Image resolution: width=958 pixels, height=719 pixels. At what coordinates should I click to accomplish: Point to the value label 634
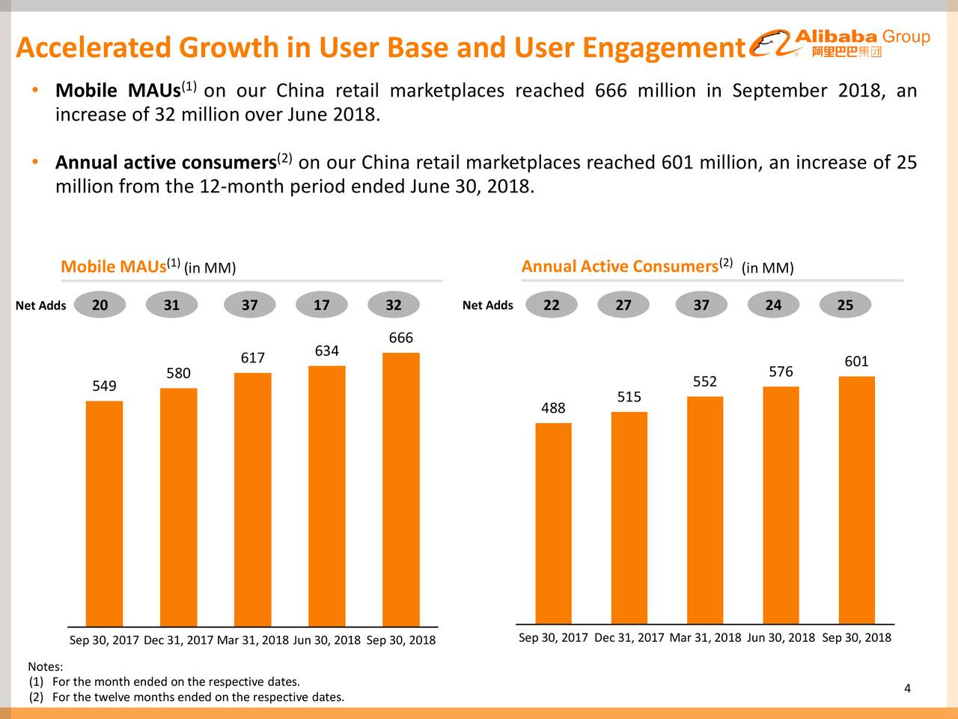(x=326, y=351)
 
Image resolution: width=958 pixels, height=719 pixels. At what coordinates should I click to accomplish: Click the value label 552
(x=704, y=382)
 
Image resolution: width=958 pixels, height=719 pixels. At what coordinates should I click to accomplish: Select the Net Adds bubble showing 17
(x=322, y=305)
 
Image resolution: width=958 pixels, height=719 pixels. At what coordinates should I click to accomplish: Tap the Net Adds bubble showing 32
(x=393, y=305)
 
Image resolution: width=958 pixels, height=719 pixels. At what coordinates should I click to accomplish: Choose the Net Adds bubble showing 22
(x=551, y=305)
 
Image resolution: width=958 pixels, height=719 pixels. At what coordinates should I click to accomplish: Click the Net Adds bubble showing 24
(x=773, y=305)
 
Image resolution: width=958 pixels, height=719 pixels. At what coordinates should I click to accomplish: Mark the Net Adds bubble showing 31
(x=171, y=305)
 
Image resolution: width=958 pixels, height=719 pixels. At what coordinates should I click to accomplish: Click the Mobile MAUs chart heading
(x=148, y=267)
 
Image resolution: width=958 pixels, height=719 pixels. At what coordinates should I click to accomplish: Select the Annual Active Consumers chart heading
(x=657, y=267)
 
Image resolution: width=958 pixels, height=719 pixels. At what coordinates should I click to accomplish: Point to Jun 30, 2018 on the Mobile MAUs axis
(x=326, y=640)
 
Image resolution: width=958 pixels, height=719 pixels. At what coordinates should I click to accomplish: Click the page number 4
(x=907, y=689)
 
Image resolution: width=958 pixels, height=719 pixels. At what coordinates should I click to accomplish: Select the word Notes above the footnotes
(x=45, y=667)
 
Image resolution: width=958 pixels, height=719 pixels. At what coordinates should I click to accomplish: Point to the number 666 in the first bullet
(x=610, y=91)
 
